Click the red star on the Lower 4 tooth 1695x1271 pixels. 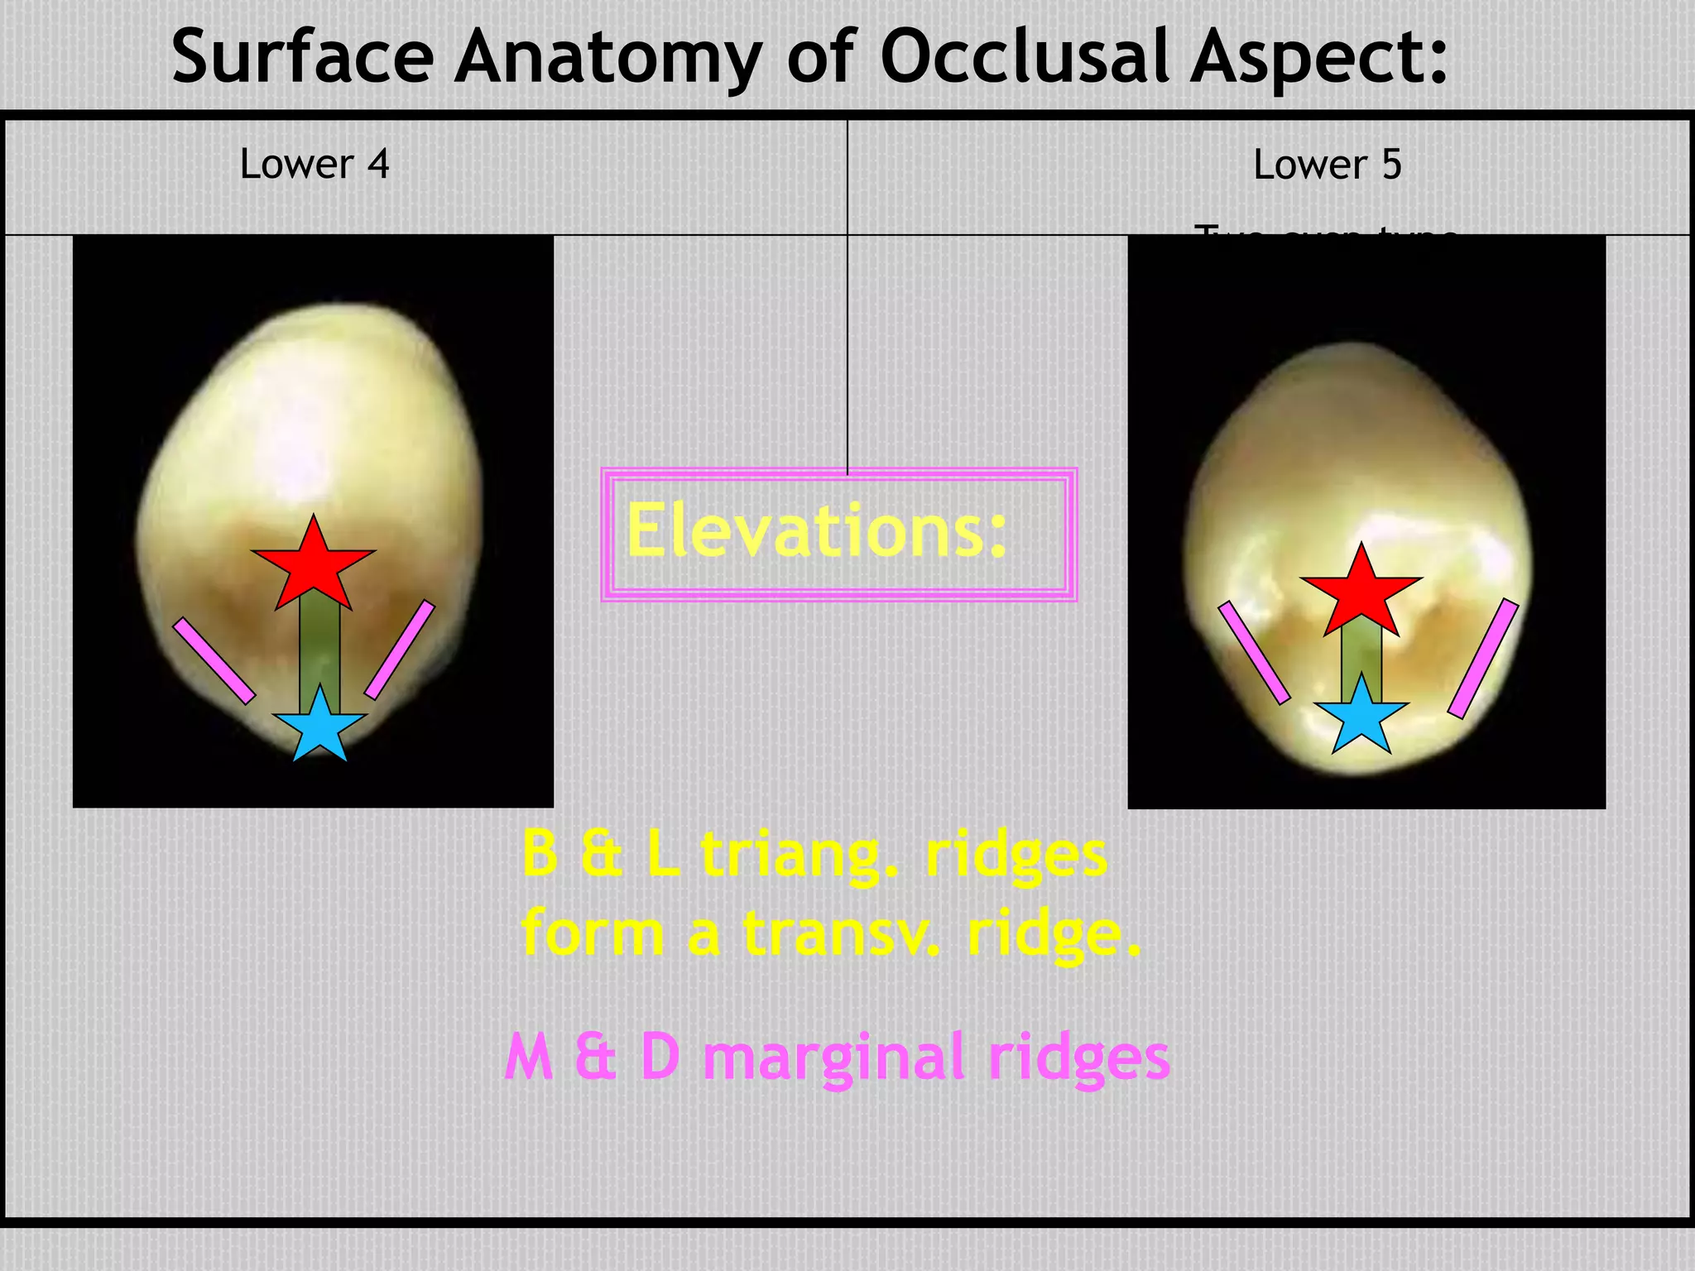pyautogui.click(x=314, y=564)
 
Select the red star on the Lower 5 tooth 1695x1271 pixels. pyautogui.click(x=1361, y=592)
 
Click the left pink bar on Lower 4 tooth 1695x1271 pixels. pyautogui.click(x=214, y=660)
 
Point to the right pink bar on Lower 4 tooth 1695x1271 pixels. pyautogui.click(x=400, y=650)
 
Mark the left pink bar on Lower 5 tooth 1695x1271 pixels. pyautogui.click(x=1254, y=652)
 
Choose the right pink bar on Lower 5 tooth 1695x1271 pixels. pyautogui.click(x=1483, y=658)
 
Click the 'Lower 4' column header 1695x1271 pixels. pyautogui.click(x=315, y=164)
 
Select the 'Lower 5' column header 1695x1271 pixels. pyautogui.click(x=1328, y=165)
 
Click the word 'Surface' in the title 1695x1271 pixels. pyautogui.click(x=302, y=56)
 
